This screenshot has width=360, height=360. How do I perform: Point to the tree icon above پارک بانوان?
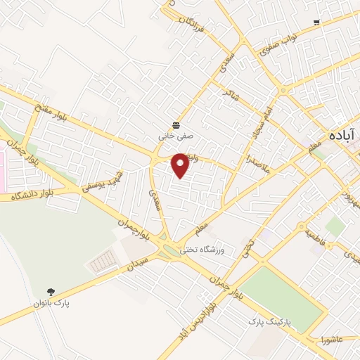(50, 292)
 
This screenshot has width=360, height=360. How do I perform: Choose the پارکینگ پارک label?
(268, 321)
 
